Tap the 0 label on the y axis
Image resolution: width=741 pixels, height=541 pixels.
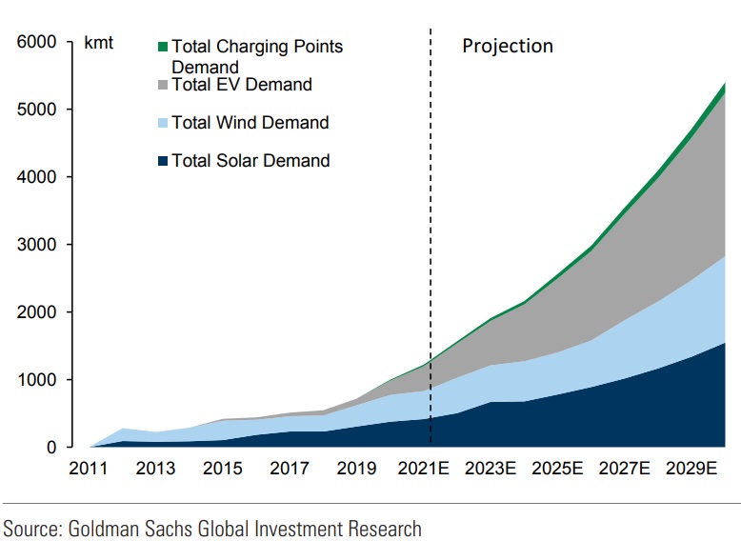point(51,448)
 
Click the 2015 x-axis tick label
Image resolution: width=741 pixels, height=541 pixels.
point(223,469)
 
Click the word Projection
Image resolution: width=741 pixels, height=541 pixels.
point(508,46)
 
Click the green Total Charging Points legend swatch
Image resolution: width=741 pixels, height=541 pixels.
point(163,46)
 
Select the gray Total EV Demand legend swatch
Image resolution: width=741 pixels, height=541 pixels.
point(163,85)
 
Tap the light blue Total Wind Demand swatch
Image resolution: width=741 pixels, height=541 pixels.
point(163,123)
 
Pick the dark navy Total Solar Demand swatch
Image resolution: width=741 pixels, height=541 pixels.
point(163,161)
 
